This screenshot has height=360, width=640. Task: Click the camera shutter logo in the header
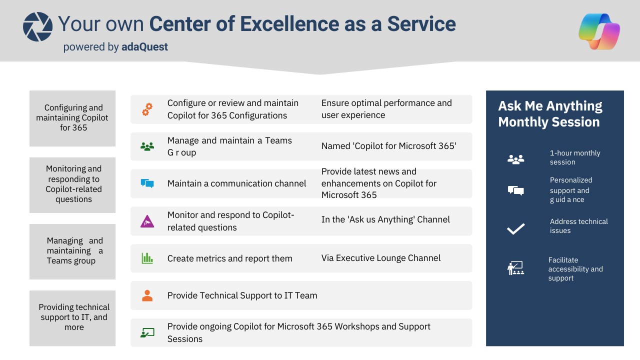point(37,27)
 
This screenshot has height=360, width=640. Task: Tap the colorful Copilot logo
point(599,31)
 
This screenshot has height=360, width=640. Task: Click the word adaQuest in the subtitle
point(144,47)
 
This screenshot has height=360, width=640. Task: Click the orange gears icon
point(147,109)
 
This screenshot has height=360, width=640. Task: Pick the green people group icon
point(147,146)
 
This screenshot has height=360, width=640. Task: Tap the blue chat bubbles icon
point(147,183)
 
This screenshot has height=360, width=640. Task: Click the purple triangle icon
point(147,221)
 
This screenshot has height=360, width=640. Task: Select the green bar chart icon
point(147,258)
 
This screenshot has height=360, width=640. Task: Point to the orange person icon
point(147,295)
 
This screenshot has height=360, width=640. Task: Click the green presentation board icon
point(147,332)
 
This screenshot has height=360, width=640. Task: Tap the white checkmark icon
point(515,229)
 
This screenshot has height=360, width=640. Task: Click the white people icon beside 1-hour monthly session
point(515,159)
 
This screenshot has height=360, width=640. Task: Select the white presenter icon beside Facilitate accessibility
point(515,268)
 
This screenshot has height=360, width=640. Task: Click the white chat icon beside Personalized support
point(515,190)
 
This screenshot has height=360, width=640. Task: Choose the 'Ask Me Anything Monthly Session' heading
point(550,113)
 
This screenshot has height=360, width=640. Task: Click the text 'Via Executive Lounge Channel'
point(381,258)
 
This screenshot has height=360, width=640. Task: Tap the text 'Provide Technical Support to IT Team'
point(242,295)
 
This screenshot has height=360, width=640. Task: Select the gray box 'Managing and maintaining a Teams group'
point(72,251)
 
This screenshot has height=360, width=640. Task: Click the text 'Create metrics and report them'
point(229,258)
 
